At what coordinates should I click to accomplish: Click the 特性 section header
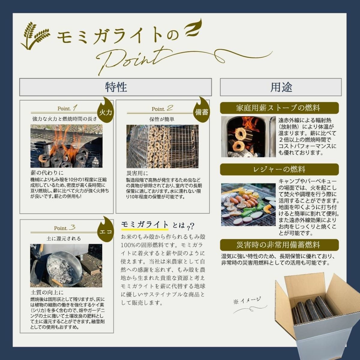115,87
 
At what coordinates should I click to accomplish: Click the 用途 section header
281,87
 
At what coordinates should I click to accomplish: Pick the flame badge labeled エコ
106,231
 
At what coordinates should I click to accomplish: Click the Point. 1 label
67,108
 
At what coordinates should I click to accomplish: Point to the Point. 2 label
162,109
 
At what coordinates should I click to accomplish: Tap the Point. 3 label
64,228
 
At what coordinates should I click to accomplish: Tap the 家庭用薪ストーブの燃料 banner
279,108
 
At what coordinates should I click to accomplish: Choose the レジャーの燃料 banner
279,169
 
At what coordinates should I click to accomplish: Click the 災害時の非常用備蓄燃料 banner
279,245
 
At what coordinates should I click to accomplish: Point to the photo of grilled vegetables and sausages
248,205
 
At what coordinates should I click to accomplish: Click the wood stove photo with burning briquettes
248,137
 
